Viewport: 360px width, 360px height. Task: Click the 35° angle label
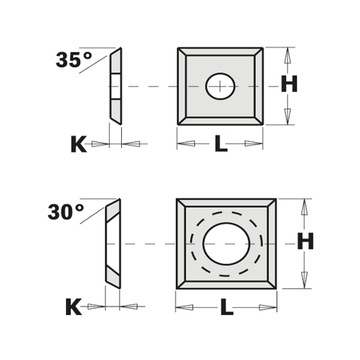click(x=73, y=61)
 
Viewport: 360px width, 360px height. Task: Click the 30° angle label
click(x=66, y=213)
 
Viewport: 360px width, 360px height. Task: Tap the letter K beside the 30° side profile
click(x=73, y=307)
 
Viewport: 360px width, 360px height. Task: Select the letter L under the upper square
click(x=221, y=145)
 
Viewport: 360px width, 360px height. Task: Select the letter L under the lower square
click(x=226, y=307)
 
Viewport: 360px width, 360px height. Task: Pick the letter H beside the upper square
click(x=289, y=84)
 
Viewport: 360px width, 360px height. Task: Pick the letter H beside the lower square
click(x=306, y=242)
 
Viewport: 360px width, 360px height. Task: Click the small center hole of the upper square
click(x=220, y=86)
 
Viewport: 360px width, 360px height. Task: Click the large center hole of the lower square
click(x=226, y=243)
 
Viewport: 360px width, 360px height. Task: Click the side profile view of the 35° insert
click(x=115, y=86)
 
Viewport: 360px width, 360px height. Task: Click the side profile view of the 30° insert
click(x=113, y=243)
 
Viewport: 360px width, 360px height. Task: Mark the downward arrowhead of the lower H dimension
click(x=304, y=278)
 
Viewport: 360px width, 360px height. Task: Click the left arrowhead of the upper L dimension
click(x=185, y=143)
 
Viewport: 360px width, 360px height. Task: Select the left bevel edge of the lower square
click(x=182, y=243)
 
